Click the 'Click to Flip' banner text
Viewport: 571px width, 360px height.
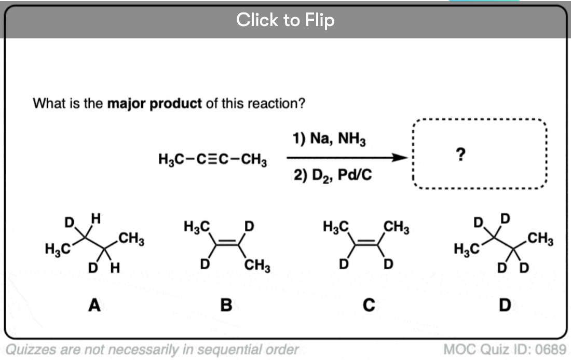285,20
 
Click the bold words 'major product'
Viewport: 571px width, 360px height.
154,104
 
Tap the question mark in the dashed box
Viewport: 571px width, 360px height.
460,155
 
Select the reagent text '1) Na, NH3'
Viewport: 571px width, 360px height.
329,139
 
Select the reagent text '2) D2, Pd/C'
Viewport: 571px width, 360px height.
333,175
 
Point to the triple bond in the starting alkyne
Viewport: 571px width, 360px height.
213,159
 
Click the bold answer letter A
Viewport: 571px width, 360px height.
94,305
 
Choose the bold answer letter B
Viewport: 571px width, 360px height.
226,305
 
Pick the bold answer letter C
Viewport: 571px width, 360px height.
369,305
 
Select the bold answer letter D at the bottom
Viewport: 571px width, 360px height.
505,305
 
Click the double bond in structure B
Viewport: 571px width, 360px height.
227,243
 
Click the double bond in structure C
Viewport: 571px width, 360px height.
366,243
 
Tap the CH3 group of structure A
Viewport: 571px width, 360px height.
131,239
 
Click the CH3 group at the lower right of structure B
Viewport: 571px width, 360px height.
257,265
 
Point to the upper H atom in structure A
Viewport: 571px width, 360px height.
96,218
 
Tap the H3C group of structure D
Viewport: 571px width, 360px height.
467,250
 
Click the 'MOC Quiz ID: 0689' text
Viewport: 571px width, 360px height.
505,350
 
